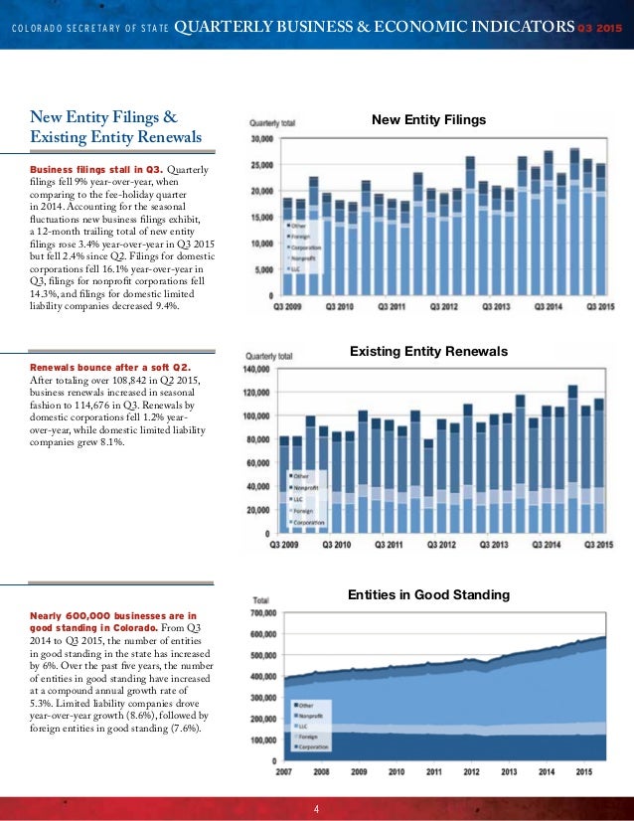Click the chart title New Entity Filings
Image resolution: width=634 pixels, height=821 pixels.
pyautogui.click(x=428, y=120)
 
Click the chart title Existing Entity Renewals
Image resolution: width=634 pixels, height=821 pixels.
pyautogui.click(x=428, y=352)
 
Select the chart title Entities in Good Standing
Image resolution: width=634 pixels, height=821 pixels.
pyautogui.click(x=428, y=594)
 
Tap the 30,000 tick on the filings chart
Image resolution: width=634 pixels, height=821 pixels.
pyautogui.click(x=260, y=138)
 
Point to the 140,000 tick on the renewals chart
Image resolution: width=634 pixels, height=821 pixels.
pyautogui.click(x=256, y=369)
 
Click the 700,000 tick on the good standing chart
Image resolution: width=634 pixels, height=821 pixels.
pyautogui.click(x=263, y=613)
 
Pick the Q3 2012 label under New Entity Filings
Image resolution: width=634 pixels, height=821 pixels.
pyautogui.click(x=443, y=306)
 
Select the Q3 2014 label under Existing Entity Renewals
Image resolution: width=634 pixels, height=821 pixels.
pyautogui.click(x=548, y=545)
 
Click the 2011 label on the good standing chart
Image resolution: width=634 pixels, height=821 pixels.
pyautogui.click(x=434, y=771)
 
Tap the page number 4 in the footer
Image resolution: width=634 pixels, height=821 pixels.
pyautogui.click(x=316, y=808)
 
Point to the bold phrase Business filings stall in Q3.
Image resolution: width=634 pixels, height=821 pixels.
pyautogui.click(x=96, y=169)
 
